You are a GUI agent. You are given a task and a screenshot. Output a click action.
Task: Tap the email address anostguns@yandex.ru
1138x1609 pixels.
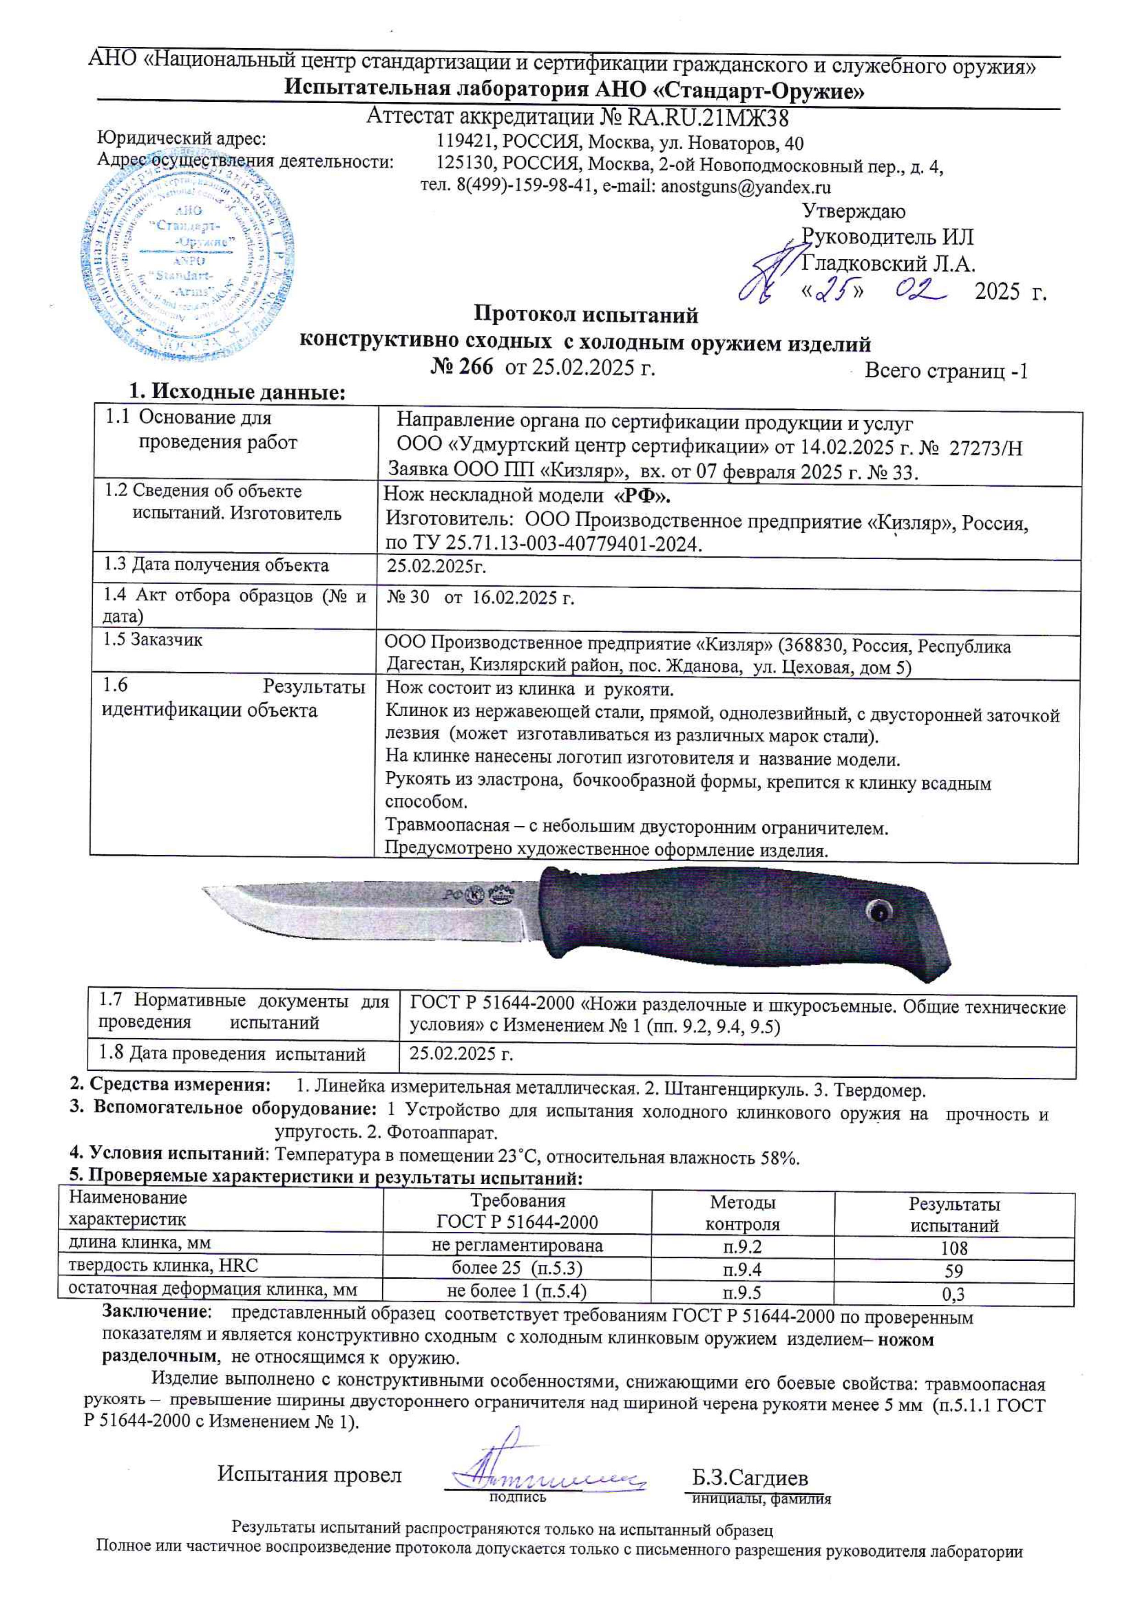tap(746, 187)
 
